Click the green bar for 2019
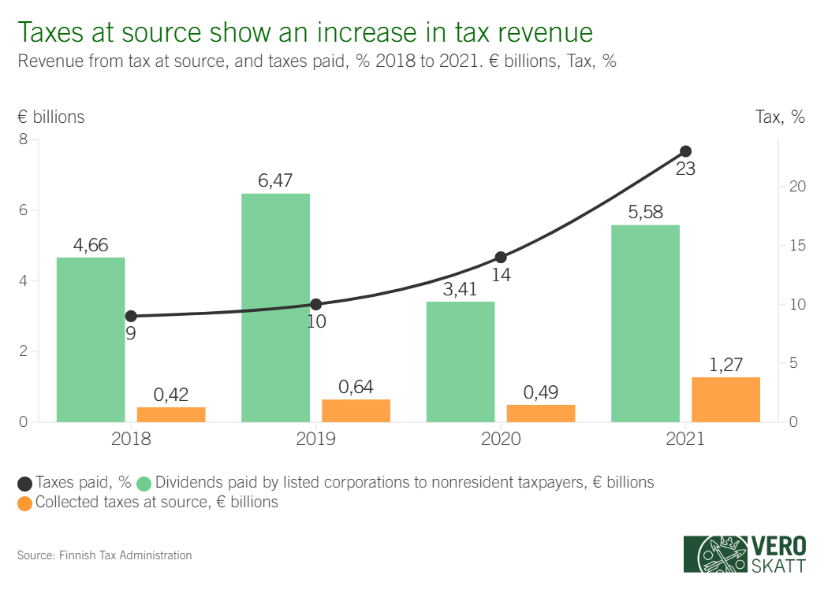pos(275,307)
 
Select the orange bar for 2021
pos(725,399)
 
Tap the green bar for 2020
pos(461,362)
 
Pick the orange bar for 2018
pos(171,414)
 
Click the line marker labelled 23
pos(686,151)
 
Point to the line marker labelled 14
pos(501,257)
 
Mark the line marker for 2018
pos(131,316)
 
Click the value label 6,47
pos(275,180)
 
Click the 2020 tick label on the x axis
pos(501,439)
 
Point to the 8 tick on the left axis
pos(23,139)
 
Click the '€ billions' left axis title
pos(50,117)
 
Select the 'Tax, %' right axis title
pos(781,117)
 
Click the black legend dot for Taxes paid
pos(24,483)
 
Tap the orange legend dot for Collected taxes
pos(24,502)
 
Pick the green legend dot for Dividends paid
pos(145,483)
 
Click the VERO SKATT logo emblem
pos(714,554)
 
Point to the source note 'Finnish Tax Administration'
pos(125,555)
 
